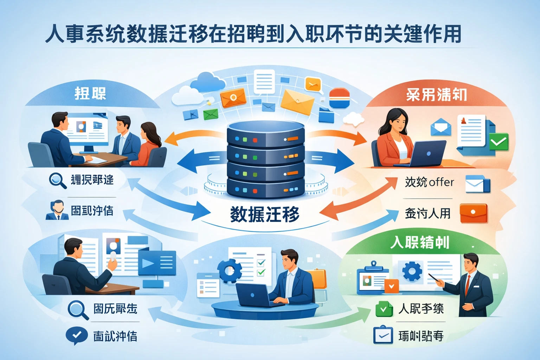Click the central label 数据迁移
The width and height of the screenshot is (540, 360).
(x=264, y=214)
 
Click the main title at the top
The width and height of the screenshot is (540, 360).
(x=253, y=34)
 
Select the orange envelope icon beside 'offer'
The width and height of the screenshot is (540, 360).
(x=473, y=213)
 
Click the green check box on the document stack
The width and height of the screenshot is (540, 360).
(x=498, y=142)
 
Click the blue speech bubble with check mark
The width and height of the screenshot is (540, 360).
(x=77, y=336)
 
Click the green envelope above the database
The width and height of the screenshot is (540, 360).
(x=211, y=114)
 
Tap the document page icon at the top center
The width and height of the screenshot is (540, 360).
(x=264, y=82)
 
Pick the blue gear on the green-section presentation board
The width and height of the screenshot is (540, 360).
(x=412, y=271)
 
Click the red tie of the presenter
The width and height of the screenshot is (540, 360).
(x=467, y=284)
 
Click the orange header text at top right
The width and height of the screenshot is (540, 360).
(x=436, y=95)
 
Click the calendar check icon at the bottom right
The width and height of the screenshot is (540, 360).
(x=382, y=335)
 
